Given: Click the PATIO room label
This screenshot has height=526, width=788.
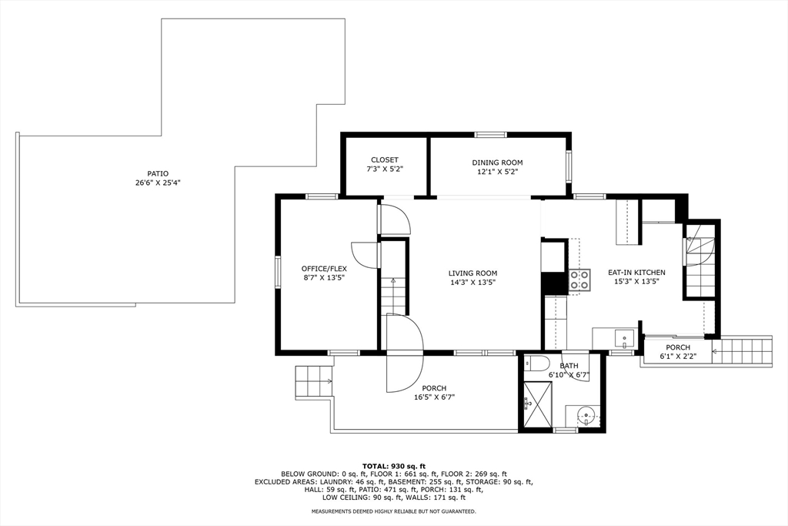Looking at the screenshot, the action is (x=158, y=173).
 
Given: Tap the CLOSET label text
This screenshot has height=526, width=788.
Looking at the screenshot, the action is (x=385, y=160).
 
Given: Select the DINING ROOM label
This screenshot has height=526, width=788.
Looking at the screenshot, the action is (x=497, y=162).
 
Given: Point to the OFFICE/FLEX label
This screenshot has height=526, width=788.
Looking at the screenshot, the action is (x=324, y=269).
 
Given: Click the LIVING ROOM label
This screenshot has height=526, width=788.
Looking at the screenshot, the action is (x=473, y=273).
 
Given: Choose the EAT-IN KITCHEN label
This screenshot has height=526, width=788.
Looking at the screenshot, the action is (x=636, y=272).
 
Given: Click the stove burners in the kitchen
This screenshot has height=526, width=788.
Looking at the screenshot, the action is (x=579, y=280).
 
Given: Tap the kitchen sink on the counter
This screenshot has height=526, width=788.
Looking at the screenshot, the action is (x=624, y=338).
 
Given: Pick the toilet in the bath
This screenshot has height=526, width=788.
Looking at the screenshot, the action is (x=532, y=364).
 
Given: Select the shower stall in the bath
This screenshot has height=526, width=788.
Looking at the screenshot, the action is (x=537, y=404).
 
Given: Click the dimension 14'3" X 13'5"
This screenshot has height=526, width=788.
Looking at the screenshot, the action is (x=473, y=282).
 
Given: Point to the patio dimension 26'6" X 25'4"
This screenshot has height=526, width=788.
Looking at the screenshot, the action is (x=158, y=183).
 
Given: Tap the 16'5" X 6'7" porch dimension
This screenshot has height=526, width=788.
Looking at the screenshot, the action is (x=434, y=397).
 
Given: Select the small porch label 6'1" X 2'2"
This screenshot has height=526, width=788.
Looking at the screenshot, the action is (x=678, y=357).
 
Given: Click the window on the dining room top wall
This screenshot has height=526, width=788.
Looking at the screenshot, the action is (x=491, y=134).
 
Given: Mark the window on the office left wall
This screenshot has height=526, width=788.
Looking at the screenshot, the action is (x=277, y=272).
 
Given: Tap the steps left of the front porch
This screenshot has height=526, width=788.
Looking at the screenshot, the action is (x=314, y=381).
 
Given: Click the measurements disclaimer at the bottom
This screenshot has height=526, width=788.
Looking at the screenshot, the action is (x=394, y=511).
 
